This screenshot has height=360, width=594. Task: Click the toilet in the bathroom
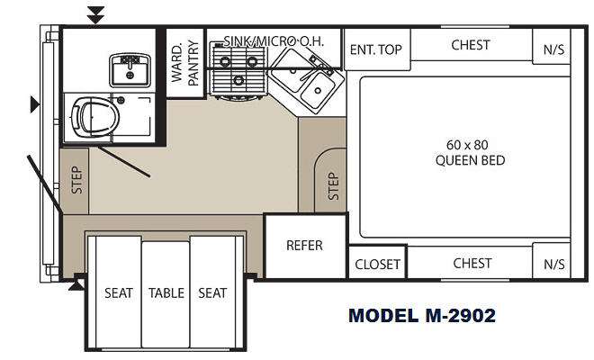(x=94, y=117)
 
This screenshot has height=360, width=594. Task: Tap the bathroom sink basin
(x=130, y=70)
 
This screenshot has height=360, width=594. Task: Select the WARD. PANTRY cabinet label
(x=185, y=63)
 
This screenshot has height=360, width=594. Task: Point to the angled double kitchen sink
(x=307, y=80)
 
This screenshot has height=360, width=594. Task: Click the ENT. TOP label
(x=375, y=49)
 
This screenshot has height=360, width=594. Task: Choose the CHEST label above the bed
(x=471, y=45)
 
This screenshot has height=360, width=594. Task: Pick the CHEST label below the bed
(x=472, y=263)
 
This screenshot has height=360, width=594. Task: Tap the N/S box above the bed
(x=552, y=47)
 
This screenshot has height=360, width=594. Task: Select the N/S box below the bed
(x=552, y=261)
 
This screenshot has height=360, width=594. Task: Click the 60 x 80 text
(x=467, y=145)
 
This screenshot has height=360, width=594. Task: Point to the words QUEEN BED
(x=470, y=160)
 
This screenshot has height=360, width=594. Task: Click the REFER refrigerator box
(x=306, y=247)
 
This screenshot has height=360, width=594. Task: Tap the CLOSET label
(x=377, y=264)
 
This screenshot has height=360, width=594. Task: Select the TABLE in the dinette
(x=166, y=293)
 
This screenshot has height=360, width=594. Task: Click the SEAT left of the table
(x=118, y=292)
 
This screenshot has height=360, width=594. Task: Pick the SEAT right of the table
(x=212, y=292)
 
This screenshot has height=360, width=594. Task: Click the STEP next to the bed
(x=330, y=181)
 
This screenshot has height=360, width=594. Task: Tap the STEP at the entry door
(x=75, y=181)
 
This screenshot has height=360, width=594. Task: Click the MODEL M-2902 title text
(x=422, y=315)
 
